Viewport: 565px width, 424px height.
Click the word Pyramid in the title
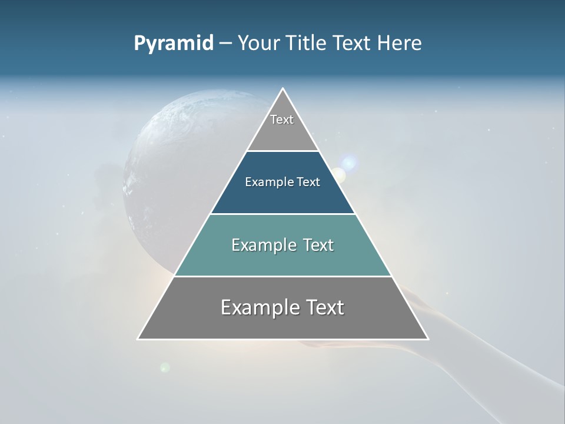(x=173, y=44)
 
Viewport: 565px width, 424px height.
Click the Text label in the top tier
(x=282, y=120)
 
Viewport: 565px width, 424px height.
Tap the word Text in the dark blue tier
(x=308, y=182)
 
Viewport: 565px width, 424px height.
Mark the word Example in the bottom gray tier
(x=257, y=307)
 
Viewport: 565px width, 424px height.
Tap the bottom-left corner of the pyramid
(x=139, y=339)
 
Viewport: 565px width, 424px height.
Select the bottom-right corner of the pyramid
(x=427, y=339)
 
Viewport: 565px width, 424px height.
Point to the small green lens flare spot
(x=165, y=367)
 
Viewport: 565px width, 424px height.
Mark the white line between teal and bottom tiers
(x=283, y=276)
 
